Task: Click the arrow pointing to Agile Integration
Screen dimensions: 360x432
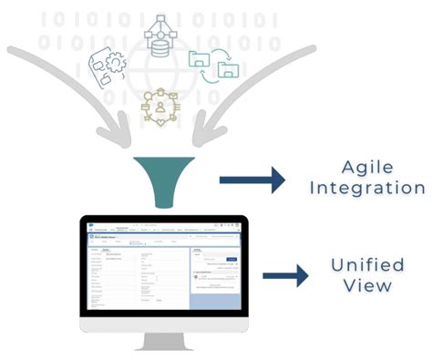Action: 264,179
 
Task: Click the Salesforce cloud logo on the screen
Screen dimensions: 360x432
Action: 87,229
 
